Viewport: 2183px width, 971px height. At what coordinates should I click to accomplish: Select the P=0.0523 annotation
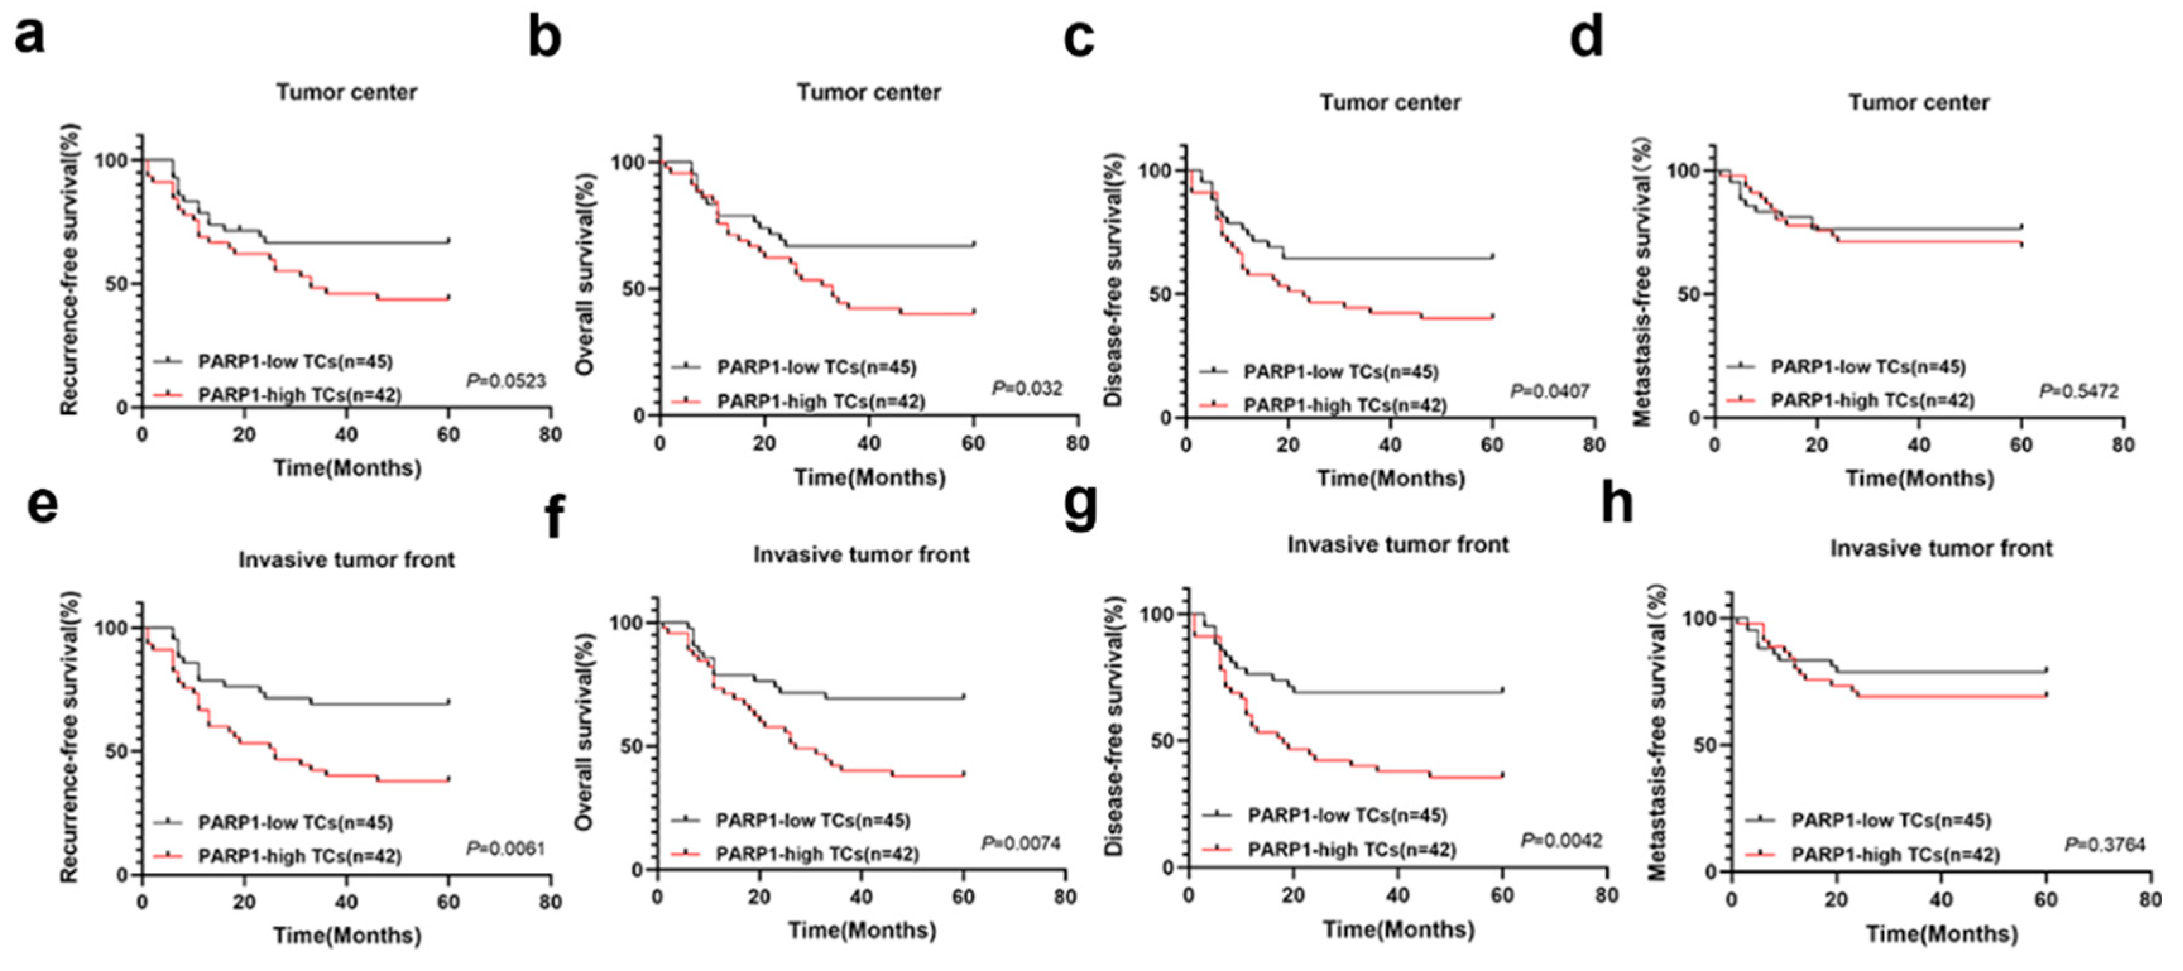[506, 381]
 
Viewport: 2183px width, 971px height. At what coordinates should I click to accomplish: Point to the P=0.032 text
[1026, 389]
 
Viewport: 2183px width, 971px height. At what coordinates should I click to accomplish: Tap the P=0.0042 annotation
[1561, 840]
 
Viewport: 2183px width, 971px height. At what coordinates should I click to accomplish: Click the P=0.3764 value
[2104, 845]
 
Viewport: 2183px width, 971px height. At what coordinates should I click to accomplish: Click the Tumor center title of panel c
[1390, 102]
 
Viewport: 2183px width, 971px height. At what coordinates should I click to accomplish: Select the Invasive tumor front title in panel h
[1940, 548]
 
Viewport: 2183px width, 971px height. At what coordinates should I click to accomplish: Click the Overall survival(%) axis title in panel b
[585, 273]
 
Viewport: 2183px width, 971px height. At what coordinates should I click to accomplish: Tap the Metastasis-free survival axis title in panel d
[1642, 283]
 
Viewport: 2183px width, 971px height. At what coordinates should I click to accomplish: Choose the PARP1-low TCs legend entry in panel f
[812, 820]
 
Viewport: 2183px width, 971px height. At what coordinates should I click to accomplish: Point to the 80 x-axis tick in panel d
[2122, 445]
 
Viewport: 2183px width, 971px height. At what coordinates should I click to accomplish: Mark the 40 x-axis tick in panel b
[869, 443]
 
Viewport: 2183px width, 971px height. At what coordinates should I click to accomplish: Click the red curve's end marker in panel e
[448, 778]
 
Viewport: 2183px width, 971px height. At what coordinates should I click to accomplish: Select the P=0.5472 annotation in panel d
[2078, 391]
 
